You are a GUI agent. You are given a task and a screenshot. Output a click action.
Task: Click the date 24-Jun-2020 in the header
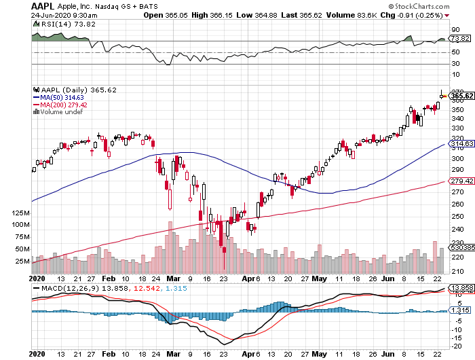point(49,15)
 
